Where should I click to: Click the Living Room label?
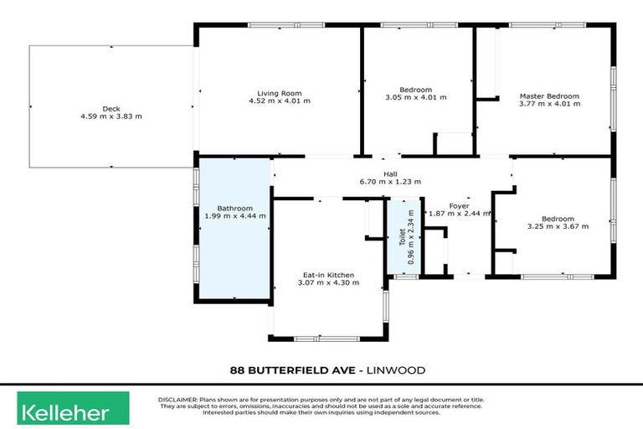tap(279, 92)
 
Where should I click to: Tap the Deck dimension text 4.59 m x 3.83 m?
tap(111, 116)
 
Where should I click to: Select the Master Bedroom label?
tap(548, 96)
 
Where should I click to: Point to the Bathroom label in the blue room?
tap(234, 208)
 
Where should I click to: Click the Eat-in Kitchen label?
tap(328, 275)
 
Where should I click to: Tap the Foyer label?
tap(459, 205)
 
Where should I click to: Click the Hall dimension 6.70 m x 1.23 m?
tap(390, 182)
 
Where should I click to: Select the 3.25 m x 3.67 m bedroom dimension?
tap(558, 226)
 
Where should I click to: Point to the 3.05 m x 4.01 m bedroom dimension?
tap(415, 98)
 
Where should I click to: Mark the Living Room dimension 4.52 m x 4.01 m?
tap(279, 101)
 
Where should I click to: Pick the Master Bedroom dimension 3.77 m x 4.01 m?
tap(548, 105)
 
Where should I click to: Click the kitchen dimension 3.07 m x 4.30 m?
tap(328, 283)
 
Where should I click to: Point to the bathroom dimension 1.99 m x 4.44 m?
tap(234, 216)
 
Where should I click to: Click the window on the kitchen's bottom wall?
tap(320, 339)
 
